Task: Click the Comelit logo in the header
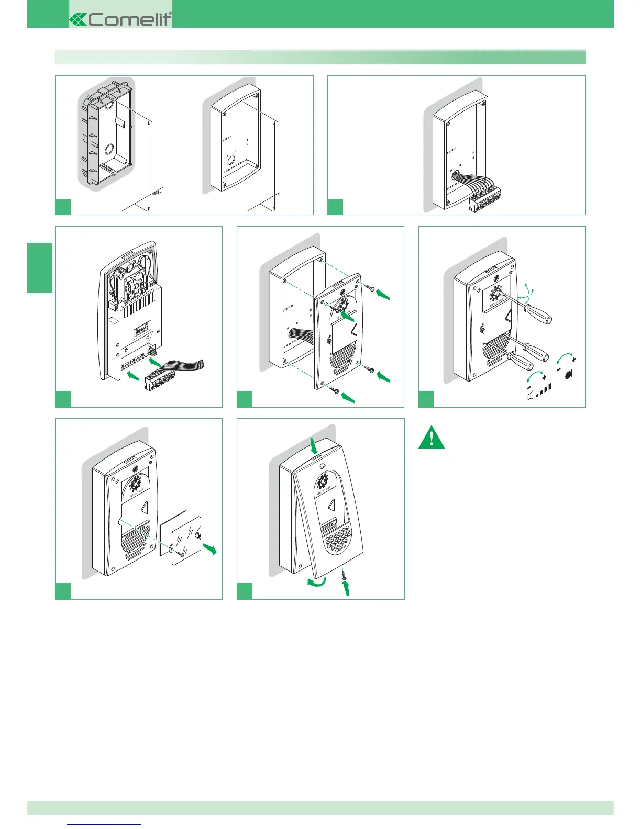click(120, 19)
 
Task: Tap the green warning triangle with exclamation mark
click(432, 438)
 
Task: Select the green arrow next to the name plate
click(209, 548)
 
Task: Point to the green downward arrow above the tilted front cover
click(314, 446)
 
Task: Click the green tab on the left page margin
click(40, 267)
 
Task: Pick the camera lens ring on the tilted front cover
click(323, 480)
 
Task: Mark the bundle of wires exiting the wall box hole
click(463, 184)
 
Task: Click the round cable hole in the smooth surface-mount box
click(230, 159)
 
